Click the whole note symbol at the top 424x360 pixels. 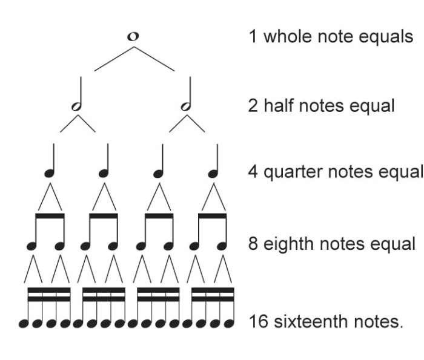[133, 36]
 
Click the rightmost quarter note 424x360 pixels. [213, 172]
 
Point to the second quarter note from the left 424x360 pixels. [104, 172]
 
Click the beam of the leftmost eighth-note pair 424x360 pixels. [50, 215]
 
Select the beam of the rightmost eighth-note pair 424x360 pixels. [213, 215]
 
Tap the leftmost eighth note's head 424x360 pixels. [33, 246]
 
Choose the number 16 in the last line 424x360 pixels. [258, 321]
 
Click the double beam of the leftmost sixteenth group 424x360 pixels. [50, 295]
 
